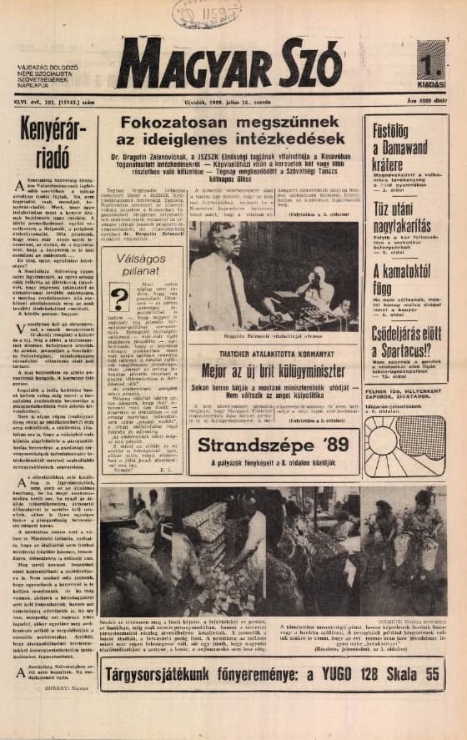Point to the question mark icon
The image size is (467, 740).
click(119, 296)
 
